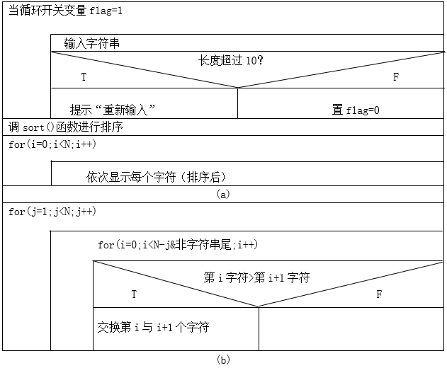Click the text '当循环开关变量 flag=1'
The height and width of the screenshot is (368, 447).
point(65,11)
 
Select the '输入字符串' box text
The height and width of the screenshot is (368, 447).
point(91,43)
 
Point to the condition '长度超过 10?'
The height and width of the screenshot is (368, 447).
point(230,60)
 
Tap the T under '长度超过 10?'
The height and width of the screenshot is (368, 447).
point(84,77)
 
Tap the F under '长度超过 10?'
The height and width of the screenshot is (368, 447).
point(396,77)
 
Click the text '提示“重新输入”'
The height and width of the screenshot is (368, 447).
point(113,110)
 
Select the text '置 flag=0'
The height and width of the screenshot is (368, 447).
point(356,110)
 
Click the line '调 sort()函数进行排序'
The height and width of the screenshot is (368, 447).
point(66,127)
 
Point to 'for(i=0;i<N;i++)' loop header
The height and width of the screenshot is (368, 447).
point(52,144)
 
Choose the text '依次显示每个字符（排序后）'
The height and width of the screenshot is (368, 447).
point(156,177)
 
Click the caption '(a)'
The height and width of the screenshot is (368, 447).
point(223,194)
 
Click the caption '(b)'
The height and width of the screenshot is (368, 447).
point(223,360)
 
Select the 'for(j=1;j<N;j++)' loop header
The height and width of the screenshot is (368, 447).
point(52,212)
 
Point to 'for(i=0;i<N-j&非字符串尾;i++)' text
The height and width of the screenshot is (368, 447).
point(178,245)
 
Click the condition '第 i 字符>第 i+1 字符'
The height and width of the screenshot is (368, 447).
point(256,277)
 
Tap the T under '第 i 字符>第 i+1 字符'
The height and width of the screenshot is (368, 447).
point(134,294)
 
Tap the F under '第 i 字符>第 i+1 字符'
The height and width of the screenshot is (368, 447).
point(379,294)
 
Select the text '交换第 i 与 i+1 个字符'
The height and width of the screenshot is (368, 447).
point(154,327)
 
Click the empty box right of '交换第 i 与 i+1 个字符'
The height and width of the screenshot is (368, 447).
point(351,329)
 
